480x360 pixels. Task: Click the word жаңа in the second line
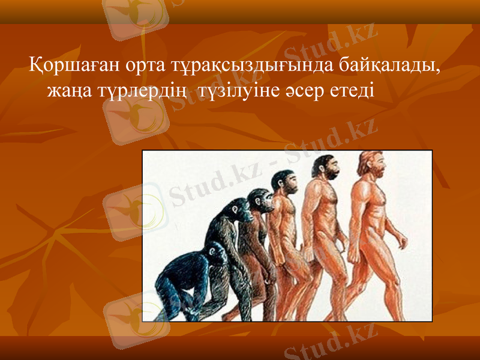click(69, 92)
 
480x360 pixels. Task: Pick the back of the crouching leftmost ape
click(180, 264)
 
